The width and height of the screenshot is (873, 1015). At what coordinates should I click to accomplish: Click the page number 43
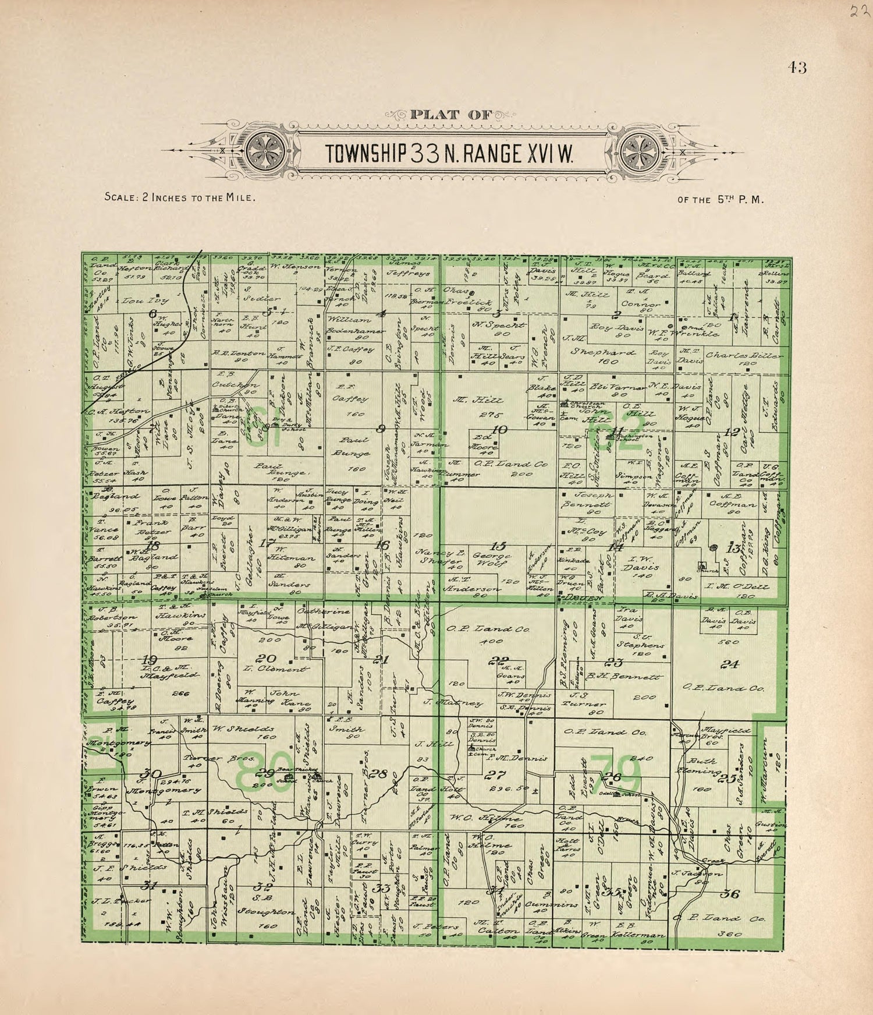[x=797, y=68]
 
